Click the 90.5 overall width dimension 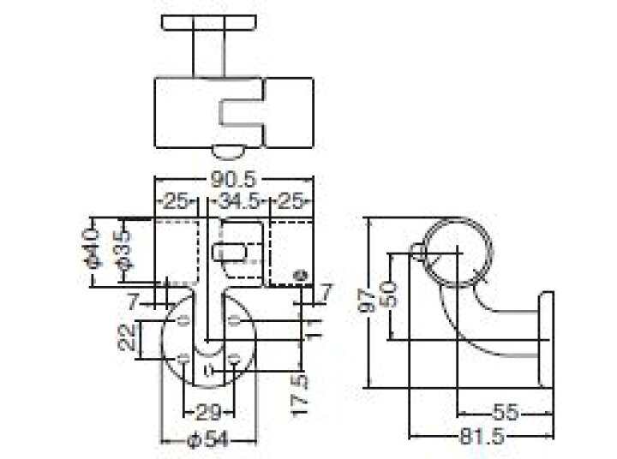pyautogui.click(x=234, y=180)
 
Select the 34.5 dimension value pyautogui.click(x=239, y=202)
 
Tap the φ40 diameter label pyautogui.click(x=93, y=248)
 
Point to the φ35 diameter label pyautogui.click(x=125, y=250)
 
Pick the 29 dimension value pyautogui.click(x=209, y=413)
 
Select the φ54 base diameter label pyautogui.click(x=207, y=439)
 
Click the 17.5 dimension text pyautogui.click(x=299, y=395)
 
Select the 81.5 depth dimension pyautogui.click(x=482, y=436)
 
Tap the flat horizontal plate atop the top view pyautogui.click(x=209, y=22)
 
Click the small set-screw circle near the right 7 pyautogui.click(x=301, y=275)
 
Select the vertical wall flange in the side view pyautogui.click(x=546, y=339)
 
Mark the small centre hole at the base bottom pyautogui.click(x=209, y=370)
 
